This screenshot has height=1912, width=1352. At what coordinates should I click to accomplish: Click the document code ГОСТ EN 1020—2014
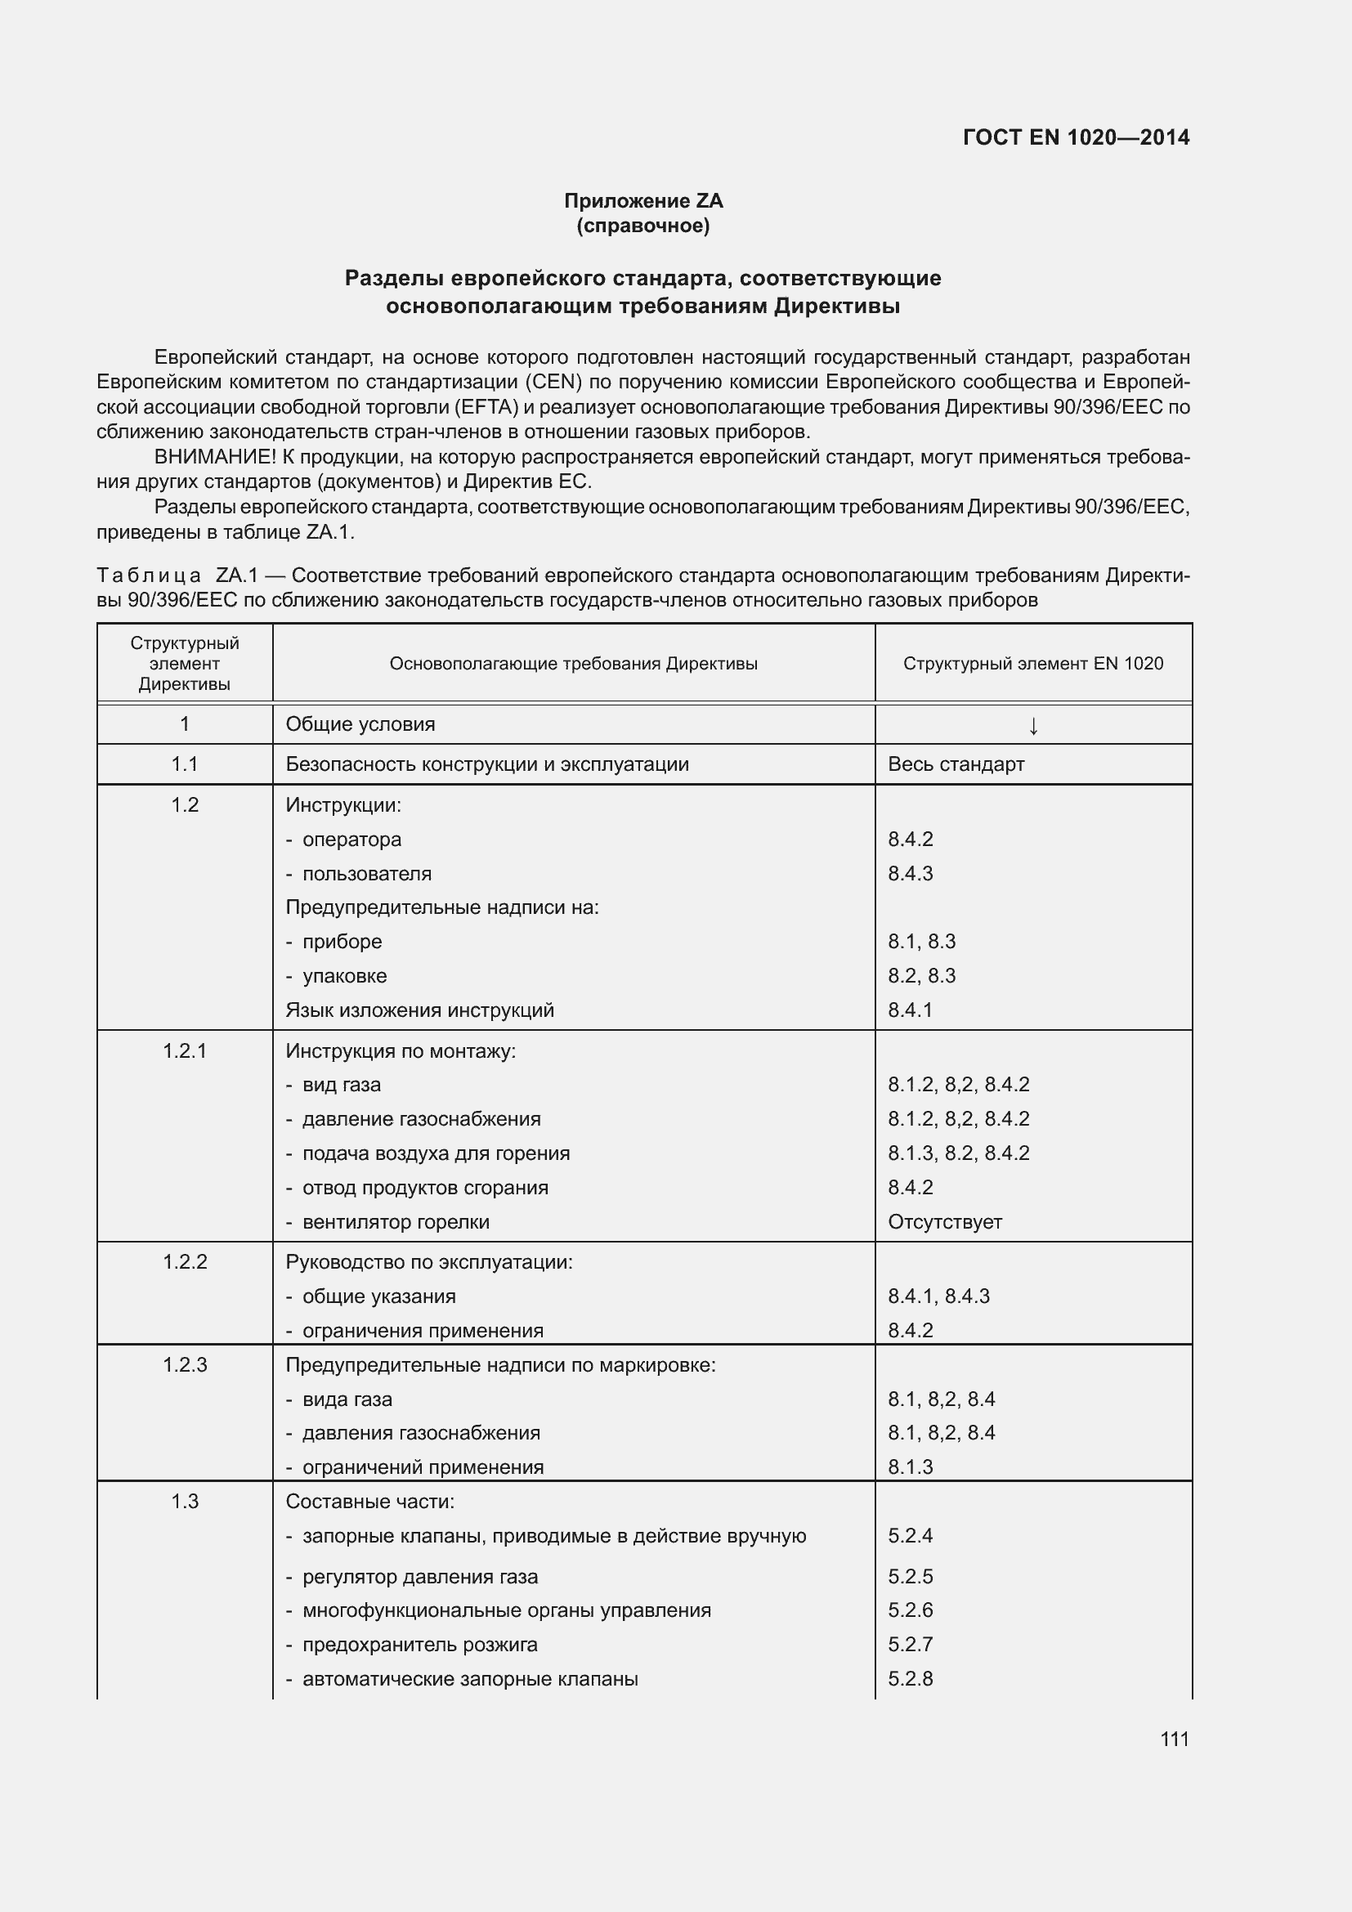tap(1076, 137)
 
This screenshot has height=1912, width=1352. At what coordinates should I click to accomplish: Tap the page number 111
tap(1174, 1739)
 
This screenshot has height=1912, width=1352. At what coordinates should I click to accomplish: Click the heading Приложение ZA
tap(642, 201)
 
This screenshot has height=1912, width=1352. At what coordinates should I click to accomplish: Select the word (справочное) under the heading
tap(642, 226)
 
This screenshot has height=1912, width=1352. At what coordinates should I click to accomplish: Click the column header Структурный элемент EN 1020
tap(1032, 664)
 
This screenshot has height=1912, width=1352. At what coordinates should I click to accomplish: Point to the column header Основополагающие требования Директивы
tap(573, 664)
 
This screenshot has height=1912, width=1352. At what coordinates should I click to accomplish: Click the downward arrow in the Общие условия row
tap(1032, 725)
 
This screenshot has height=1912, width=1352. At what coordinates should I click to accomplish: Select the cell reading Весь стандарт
tap(956, 764)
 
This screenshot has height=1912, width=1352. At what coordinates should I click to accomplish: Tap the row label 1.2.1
tap(184, 1051)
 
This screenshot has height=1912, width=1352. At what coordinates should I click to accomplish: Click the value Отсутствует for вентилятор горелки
tap(944, 1221)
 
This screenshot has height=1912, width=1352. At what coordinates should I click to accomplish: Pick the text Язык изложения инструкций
tap(419, 1010)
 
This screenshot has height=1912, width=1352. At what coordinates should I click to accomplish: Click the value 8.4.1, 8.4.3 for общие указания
tap(938, 1296)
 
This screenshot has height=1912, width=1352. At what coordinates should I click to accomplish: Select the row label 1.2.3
tap(184, 1365)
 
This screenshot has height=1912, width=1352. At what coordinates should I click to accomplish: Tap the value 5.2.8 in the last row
tap(910, 1679)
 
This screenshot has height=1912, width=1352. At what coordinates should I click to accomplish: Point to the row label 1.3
tap(184, 1502)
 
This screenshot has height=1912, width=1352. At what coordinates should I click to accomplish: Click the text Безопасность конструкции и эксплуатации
tap(487, 764)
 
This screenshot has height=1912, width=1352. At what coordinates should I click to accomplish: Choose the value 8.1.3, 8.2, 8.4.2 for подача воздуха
tap(958, 1153)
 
